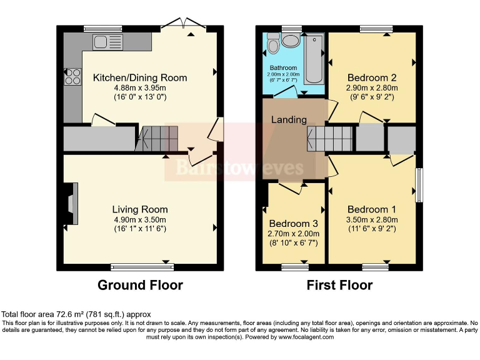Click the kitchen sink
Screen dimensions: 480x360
coord(107,42)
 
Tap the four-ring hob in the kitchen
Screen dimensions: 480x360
coord(73,76)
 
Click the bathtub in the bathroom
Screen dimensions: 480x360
coord(314,58)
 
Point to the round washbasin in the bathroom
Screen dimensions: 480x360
coord(291,41)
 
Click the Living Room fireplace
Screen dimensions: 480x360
coord(71,204)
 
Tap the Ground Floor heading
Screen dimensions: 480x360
coord(140,285)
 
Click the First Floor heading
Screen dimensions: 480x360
coord(339,285)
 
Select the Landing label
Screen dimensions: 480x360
coord(289,119)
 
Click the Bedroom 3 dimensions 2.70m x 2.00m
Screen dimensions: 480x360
coord(293,234)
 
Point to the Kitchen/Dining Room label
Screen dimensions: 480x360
coord(140,77)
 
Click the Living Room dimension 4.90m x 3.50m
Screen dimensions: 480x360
coord(140,219)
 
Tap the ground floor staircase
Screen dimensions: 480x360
coord(156,139)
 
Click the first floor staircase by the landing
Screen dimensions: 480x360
coord(330,139)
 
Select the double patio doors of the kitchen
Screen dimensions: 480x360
coord(183,24)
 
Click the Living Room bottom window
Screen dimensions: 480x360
coord(142,267)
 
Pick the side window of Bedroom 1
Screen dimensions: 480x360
coord(419,185)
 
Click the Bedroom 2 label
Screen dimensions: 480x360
coord(372,77)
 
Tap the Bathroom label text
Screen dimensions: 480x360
coord(283,67)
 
